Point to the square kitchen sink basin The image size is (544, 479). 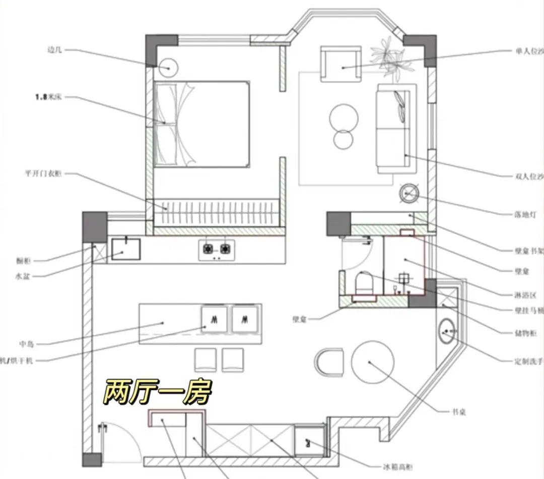(124, 248)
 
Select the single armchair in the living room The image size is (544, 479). (341, 65)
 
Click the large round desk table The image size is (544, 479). (372, 362)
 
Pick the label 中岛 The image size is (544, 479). (26, 344)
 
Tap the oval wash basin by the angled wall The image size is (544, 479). (446, 331)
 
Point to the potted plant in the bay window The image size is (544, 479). (388, 56)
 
